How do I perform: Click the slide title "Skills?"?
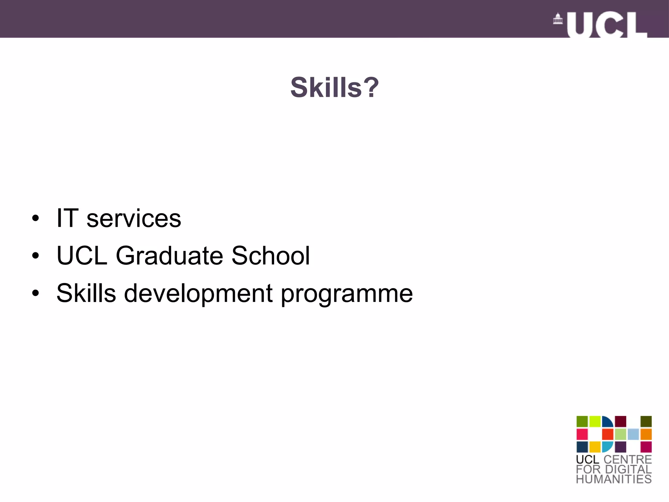tap(334, 88)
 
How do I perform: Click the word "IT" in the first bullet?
tap(67, 218)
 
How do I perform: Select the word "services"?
tap(134, 219)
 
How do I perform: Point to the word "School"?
tap(270, 256)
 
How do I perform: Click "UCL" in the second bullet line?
tap(82, 256)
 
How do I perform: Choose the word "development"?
tap(198, 293)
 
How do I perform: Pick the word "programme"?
tap(347, 294)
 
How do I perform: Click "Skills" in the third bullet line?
tap(86, 293)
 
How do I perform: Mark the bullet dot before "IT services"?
tap(35, 218)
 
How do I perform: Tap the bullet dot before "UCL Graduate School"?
tap(35, 256)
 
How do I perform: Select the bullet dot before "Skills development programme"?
tap(35, 293)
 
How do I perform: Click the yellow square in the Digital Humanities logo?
tap(595, 447)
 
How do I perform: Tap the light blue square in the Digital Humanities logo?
tap(633, 434)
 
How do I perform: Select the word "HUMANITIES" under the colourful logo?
tap(614, 479)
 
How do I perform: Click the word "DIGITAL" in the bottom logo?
tap(628, 469)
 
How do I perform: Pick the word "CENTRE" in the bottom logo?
tap(628, 459)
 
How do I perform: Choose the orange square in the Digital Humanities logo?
tap(646, 434)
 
